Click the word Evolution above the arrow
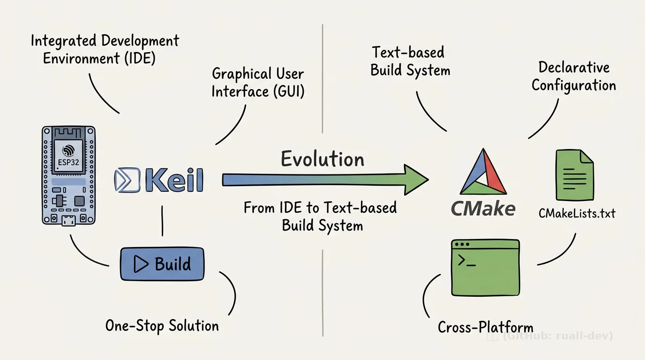tap(322, 159)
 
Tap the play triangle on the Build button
tap(140, 264)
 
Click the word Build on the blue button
tap(172, 264)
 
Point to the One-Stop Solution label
tap(162, 325)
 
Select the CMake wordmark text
tap(483, 208)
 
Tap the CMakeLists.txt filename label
tap(577, 214)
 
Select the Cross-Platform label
tap(485, 327)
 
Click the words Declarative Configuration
tap(574, 76)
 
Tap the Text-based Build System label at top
tap(410, 61)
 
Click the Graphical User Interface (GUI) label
tap(258, 82)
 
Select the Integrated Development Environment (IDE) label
tap(105, 49)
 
